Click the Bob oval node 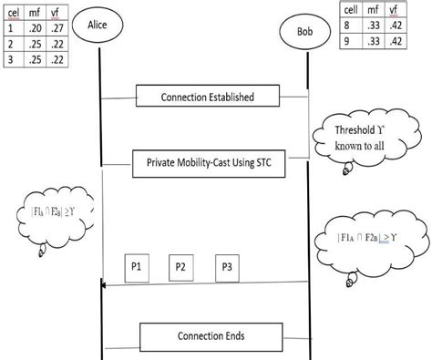(x=307, y=31)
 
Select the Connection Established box (x=207, y=96)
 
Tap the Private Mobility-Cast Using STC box (x=209, y=162)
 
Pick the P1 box (x=136, y=267)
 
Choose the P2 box (x=181, y=267)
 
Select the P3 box (x=227, y=267)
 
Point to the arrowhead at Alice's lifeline (x=103, y=286)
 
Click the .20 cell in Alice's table (x=36, y=28)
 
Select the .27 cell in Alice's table (x=58, y=28)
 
